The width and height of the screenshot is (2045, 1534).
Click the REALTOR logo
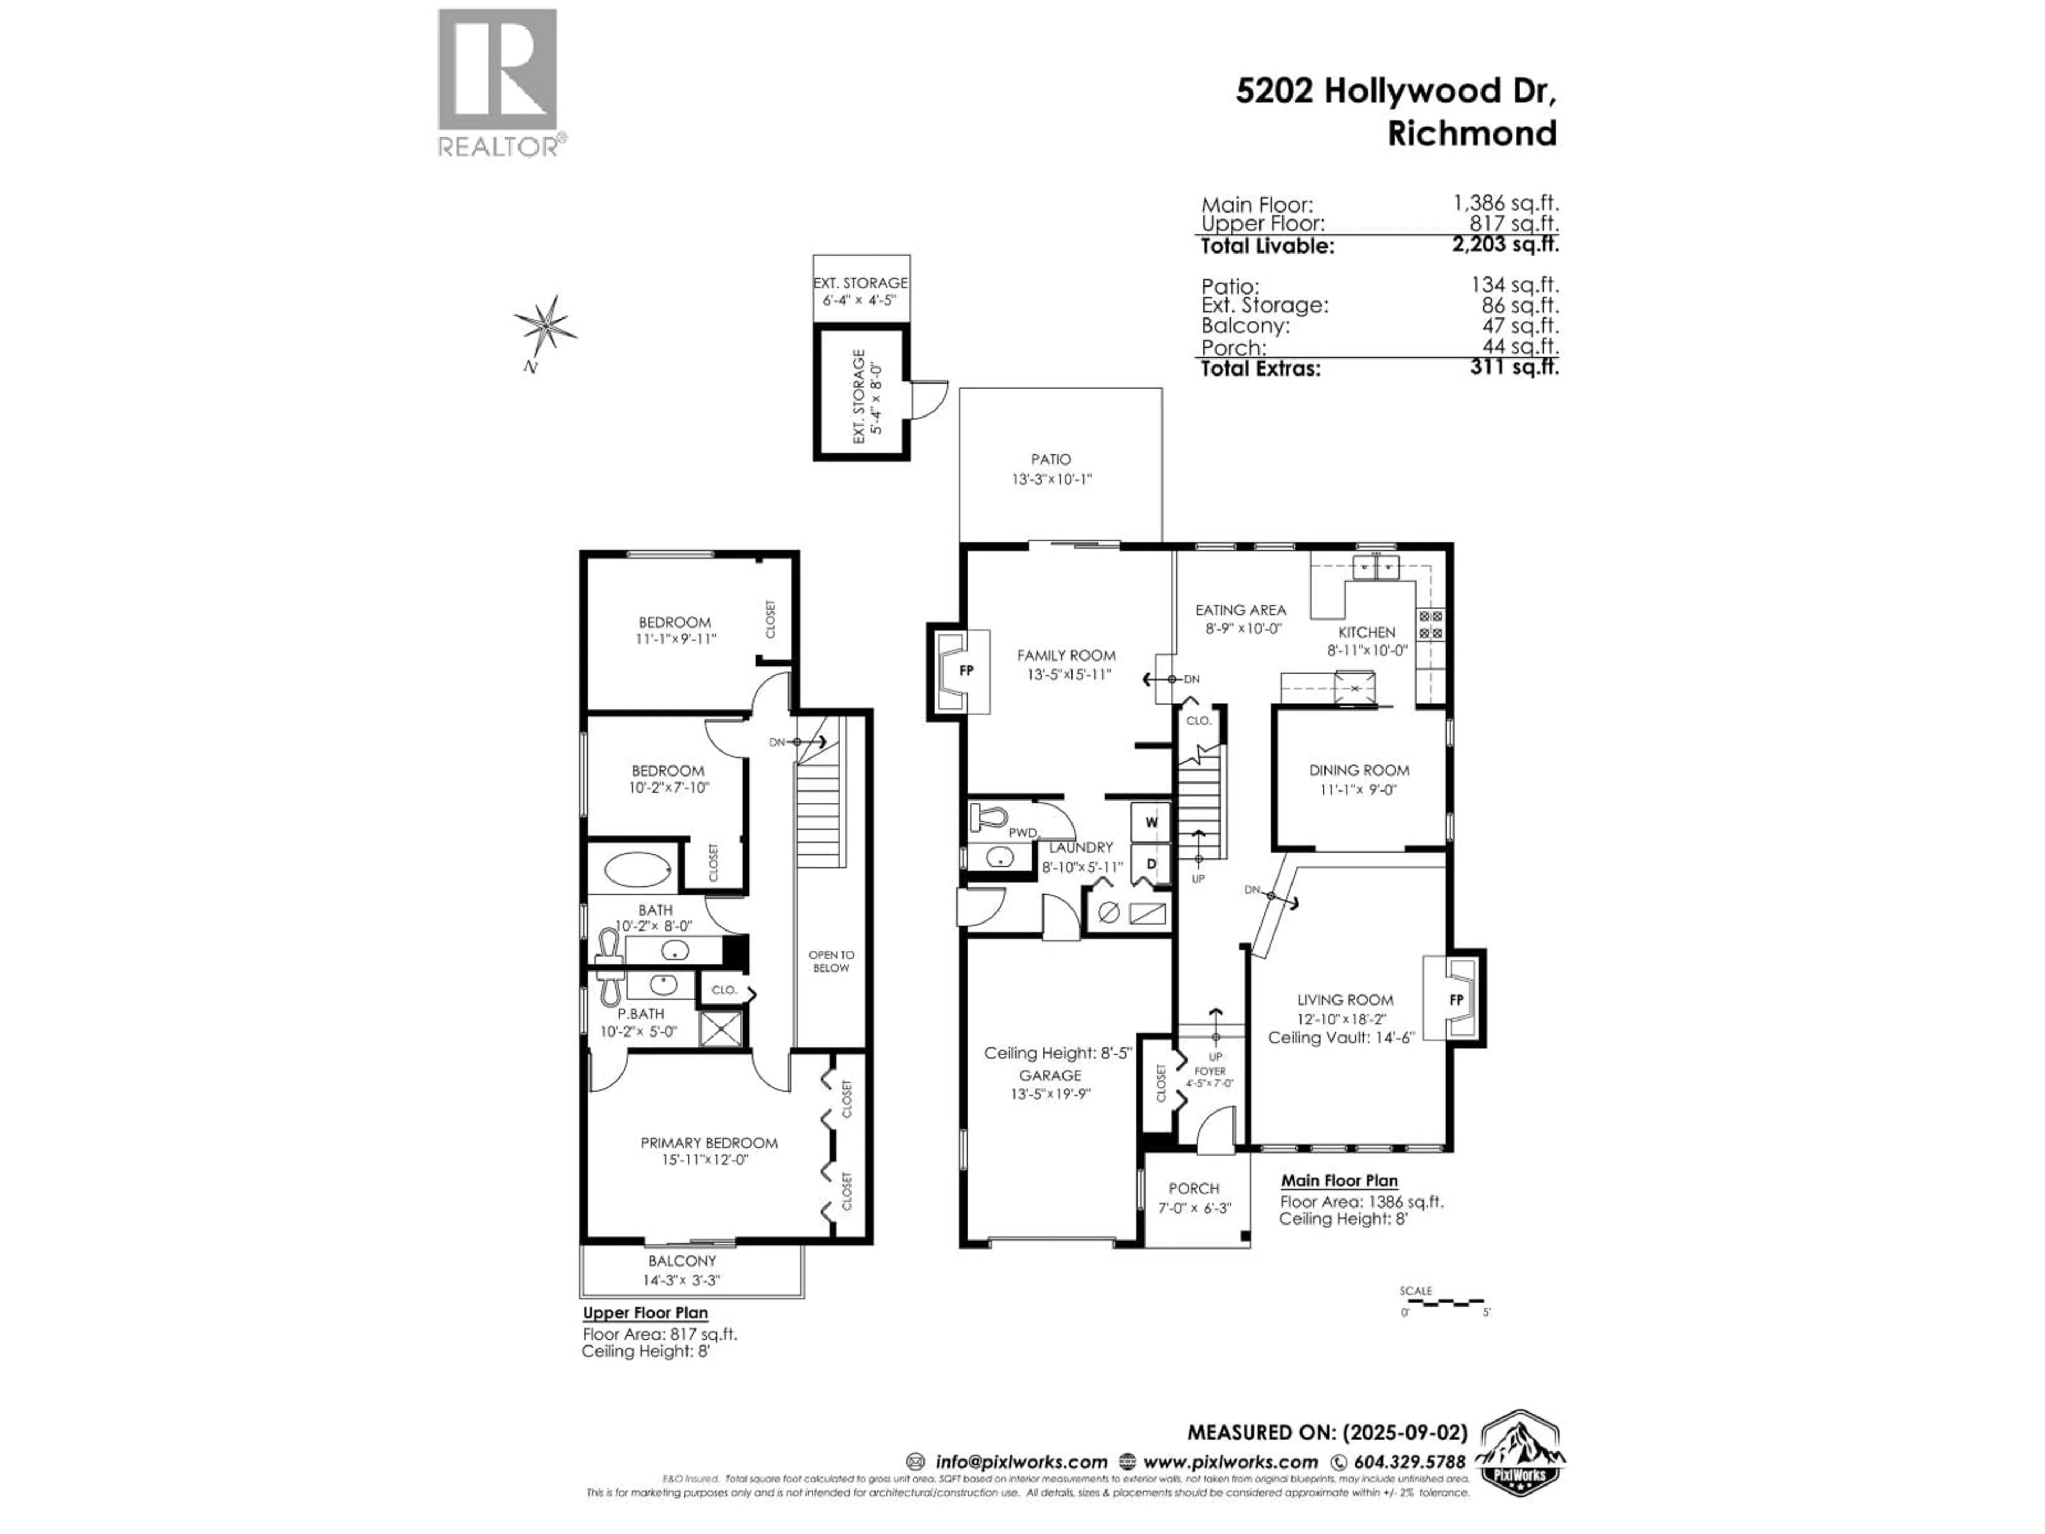(497, 83)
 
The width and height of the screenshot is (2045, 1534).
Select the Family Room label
(1066, 655)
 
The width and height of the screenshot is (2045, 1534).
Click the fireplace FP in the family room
(966, 671)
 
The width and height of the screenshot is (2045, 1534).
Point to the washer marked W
(1151, 821)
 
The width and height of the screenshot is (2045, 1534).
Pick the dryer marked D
(1151, 863)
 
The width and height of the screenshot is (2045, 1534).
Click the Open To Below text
(831, 961)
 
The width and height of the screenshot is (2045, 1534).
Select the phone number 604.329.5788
(1409, 1462)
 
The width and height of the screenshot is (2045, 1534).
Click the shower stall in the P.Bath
(720, 1029)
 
